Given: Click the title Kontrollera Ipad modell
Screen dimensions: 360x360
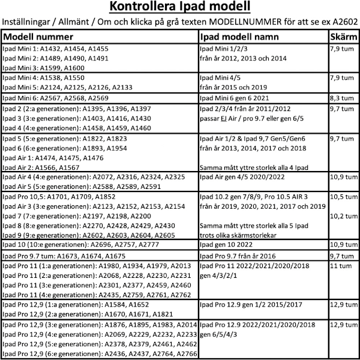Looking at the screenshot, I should pos(179,8).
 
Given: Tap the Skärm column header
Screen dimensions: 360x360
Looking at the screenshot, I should pos(344,37).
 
